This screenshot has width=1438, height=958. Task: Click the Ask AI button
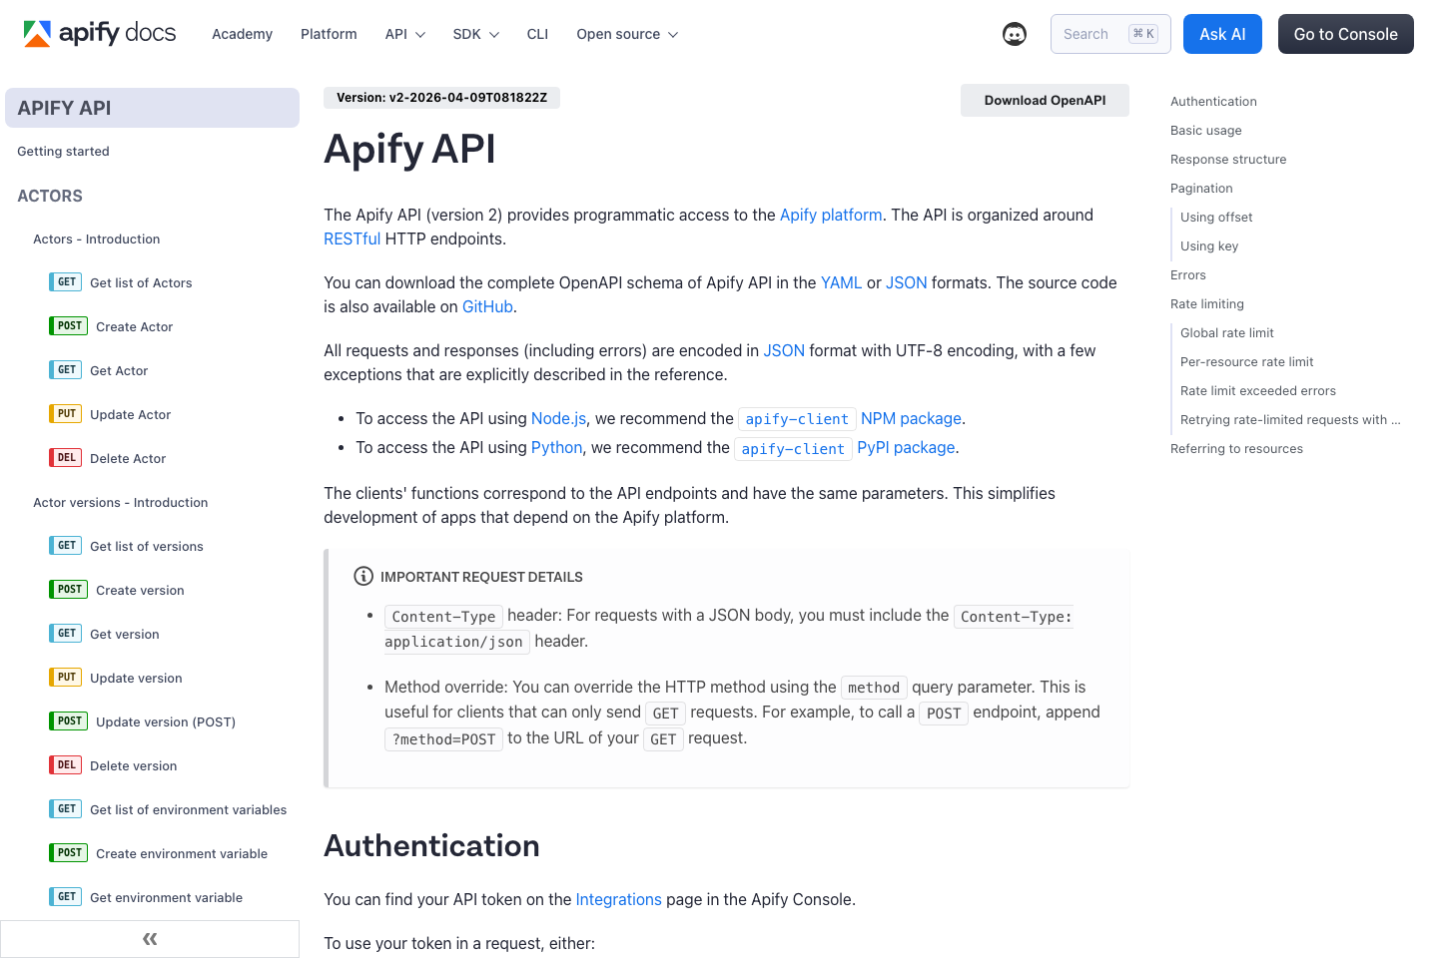tap(1222, 34)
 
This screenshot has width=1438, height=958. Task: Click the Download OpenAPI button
tap(1045, 100)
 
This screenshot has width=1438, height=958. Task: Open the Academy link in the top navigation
tap(242, 34)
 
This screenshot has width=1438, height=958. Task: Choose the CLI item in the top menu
tap(537, 34)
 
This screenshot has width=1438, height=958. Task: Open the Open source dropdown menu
tap(627, 34)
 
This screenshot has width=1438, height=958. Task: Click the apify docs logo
tap(100, 33)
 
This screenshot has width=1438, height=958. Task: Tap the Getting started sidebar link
tap(63, 152)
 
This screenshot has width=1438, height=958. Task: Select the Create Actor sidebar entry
tap(134, 327)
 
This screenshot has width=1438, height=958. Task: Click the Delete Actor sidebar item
tap(128, 459)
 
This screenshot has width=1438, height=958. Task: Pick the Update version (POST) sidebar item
tap(165, 722)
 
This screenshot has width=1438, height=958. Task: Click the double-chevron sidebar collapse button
tap(150, 939)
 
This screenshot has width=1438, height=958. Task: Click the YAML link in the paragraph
tap(841, 282)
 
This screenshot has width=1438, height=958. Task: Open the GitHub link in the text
tap(487, 306)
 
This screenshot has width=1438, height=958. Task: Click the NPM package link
tap(911, 418)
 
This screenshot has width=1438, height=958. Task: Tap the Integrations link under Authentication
tap(618, 899)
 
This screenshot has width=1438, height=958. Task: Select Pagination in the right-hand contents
tap(1201, 189)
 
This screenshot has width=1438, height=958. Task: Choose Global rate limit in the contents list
tap(1226, 333)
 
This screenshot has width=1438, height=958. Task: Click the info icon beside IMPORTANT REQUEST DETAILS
tap(363, 577)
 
